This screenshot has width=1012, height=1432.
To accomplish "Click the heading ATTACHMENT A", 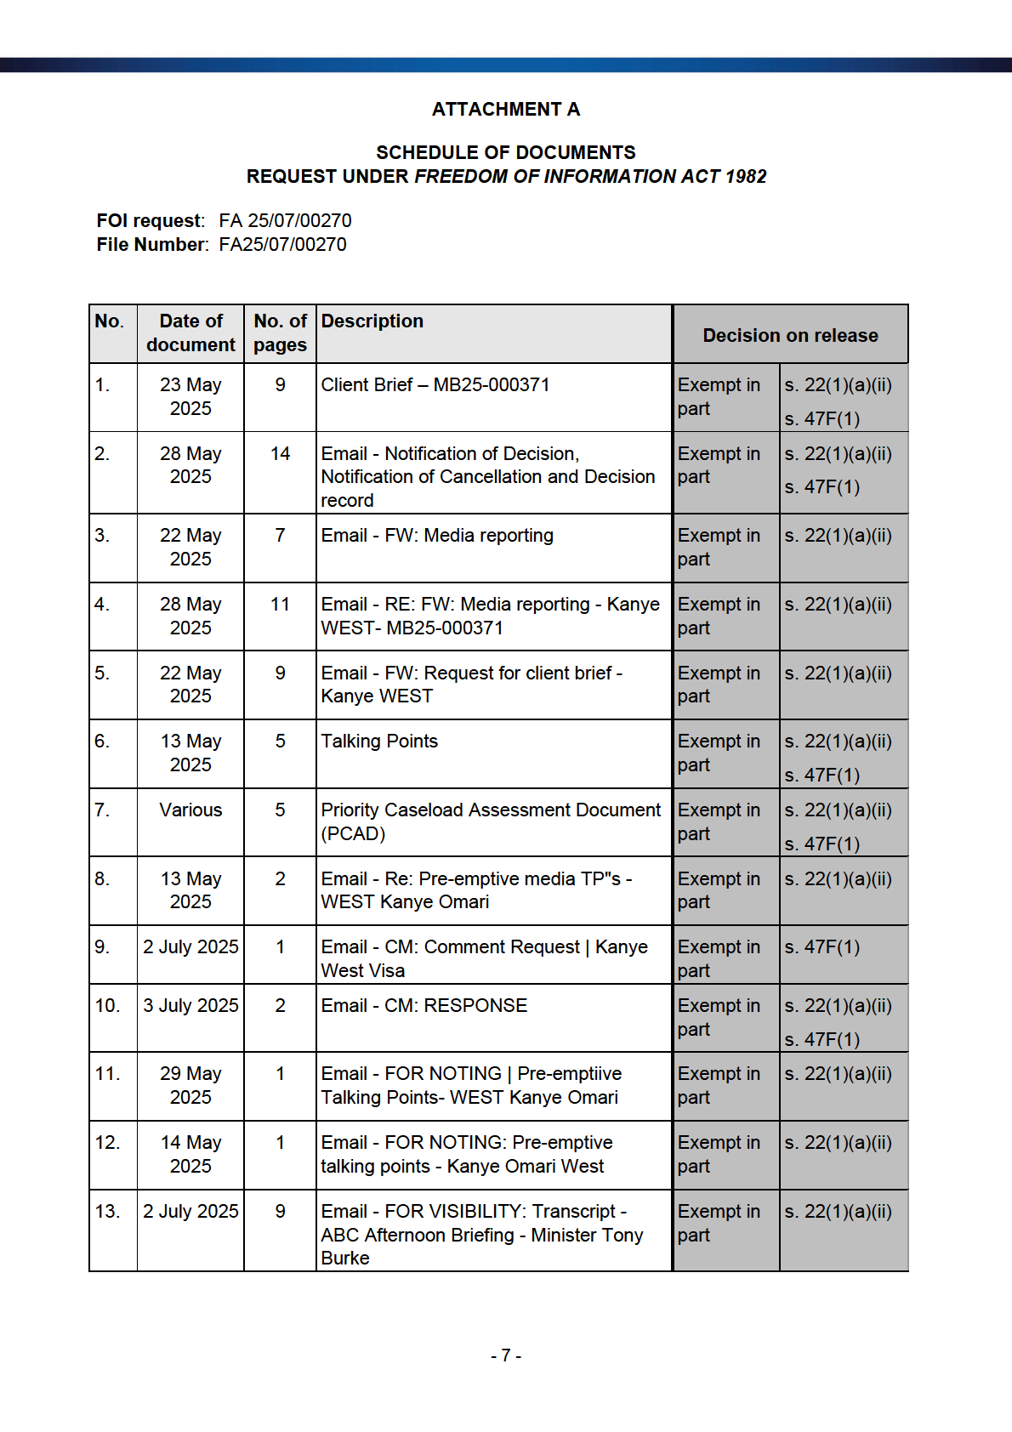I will [505, 110].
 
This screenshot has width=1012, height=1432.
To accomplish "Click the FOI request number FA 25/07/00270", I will [285, 221].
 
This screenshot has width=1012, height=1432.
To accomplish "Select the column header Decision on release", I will [790, 336].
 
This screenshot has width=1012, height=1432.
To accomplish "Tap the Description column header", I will [372, 321].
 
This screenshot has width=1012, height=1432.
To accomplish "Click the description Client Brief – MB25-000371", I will [435, 385].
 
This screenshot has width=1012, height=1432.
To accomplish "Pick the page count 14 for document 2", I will [280, 454].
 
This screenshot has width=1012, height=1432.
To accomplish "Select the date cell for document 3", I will [190, 547].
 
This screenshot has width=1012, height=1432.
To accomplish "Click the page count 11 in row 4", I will [280, 605].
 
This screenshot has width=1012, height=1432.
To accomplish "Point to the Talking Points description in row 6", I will [379, 742].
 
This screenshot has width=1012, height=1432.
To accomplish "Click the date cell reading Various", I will [190, 810].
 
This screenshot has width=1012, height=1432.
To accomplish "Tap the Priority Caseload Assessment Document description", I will [490, 821].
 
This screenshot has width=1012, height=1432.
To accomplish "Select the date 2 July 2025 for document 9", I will [190, 947].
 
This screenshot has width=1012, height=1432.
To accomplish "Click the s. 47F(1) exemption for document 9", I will [822, 947].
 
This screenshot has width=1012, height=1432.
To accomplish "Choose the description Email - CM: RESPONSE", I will [424, 1006].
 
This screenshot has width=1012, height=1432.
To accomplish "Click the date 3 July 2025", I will [190, 1006].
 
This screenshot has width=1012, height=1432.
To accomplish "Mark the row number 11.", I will [107, 1074].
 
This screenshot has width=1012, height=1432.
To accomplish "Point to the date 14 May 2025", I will [190, 1154].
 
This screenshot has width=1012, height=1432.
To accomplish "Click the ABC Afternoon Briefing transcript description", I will [481, 1235].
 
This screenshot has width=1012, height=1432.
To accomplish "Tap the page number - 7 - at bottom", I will [506, 1355].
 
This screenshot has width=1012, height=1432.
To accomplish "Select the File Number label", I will [152, 245].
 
